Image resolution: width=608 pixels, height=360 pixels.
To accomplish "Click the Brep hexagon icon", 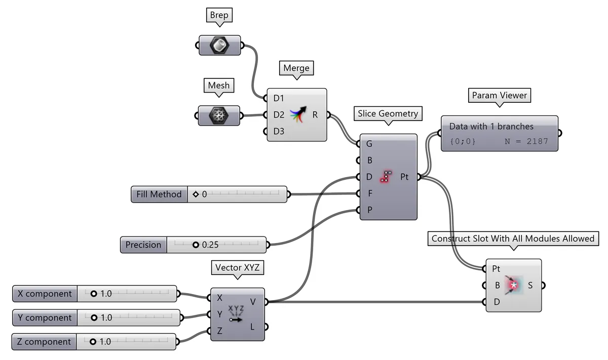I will (219, 46).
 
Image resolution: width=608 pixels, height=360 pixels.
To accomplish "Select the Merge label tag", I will (296, 68).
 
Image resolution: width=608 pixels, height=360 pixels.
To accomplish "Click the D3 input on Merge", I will (278, 132).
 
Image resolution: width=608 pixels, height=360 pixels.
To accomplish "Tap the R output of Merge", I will (315, 115).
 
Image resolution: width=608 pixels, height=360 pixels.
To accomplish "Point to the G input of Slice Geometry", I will (369, 144).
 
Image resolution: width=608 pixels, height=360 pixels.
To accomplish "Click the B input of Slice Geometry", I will (369, 161).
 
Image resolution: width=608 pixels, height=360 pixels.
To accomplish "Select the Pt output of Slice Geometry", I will (404, 177).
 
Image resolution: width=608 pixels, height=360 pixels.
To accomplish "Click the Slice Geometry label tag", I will (388, 113).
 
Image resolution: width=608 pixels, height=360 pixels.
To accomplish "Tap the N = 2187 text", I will (526, 142).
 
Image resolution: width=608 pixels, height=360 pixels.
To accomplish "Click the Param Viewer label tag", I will (499, 95).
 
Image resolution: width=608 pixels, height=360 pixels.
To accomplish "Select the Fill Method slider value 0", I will (204, 194).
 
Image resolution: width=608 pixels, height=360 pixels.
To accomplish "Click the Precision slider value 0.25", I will (210, 245).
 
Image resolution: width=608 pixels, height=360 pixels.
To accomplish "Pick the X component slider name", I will (45, 294).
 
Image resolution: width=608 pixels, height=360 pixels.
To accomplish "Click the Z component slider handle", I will (93, 342).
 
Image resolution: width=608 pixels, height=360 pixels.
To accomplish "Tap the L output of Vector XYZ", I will (252, 327).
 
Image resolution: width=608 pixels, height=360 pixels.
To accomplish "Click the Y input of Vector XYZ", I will (219, 314).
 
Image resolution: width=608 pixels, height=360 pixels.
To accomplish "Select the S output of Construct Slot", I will (530, 285).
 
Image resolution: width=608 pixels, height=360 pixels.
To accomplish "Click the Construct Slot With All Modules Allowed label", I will (512, 238).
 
